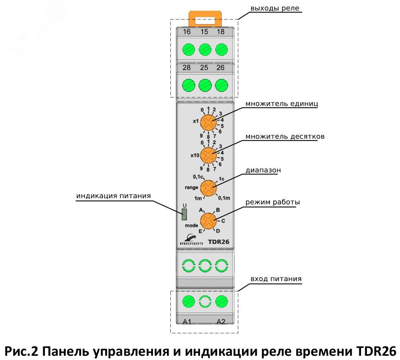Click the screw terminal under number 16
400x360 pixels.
(x=187, y=50)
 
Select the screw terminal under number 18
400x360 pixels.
(x=221, y=50)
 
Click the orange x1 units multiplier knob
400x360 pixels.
(x=208, y=123)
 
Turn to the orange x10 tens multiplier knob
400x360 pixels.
(x=208, y=155)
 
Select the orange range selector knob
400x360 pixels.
(x=208, y=187)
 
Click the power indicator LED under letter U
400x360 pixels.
(x=184, y=215)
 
